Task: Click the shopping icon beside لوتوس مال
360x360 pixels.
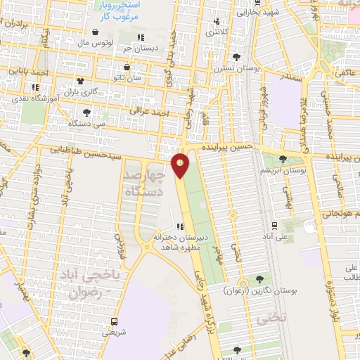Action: coord(96,32)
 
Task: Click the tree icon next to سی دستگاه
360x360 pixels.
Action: coord(86,112)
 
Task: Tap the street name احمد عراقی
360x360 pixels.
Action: coord(146,110)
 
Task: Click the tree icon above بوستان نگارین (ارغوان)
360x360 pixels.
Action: coord(261,279)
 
